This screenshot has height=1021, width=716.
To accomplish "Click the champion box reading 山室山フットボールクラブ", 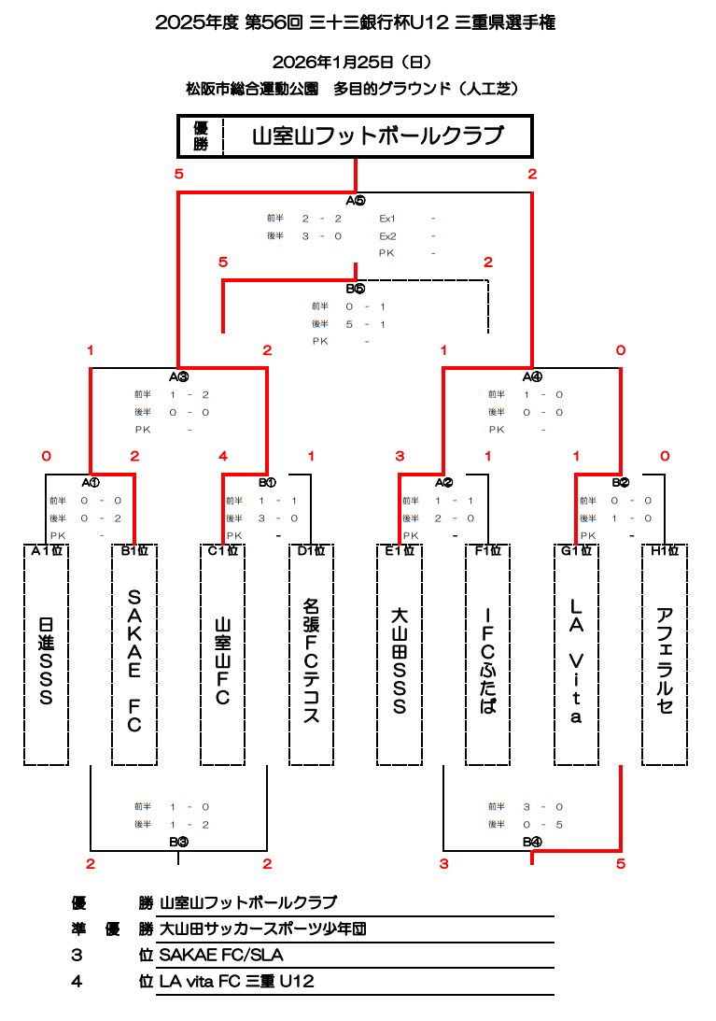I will pyautogui.click(x=377, y=137).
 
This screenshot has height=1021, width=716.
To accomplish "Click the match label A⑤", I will pyautogui.click(x=356, y=201).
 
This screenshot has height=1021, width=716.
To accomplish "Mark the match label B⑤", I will pyautogui.click(x=356, y=290).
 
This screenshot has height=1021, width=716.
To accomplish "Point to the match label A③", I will pyautogui.click(x=179, y=377).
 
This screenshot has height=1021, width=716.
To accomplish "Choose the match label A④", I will pyautogui.click(x=532, y=377).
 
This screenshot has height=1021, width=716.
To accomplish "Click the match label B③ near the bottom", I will pyautogui.click(x=179, y=842).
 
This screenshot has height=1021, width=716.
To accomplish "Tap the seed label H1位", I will pyautogui.click(x=665, y=551).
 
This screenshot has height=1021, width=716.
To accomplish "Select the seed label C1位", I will pyautogui.click(x=223, y=551).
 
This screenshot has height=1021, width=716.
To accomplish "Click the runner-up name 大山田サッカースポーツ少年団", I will pyautogui.click(x=262, y=929).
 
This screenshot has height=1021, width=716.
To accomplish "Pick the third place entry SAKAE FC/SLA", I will pyautogui.click(x=221, y=956).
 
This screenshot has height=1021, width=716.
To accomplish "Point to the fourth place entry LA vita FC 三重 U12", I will pyautogui.click(x=237, y=982).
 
